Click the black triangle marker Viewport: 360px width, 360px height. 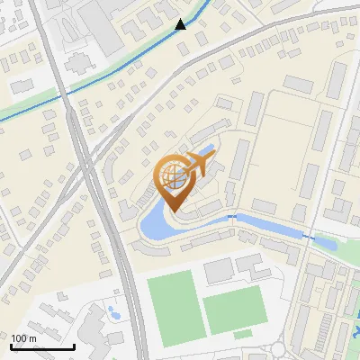pos(181,23)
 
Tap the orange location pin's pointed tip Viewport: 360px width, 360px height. pos(170,212)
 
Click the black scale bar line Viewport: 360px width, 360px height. pos(41,347)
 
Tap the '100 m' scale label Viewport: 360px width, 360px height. pos(24,338)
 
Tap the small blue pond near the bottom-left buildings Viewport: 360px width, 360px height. pos(113,313)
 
